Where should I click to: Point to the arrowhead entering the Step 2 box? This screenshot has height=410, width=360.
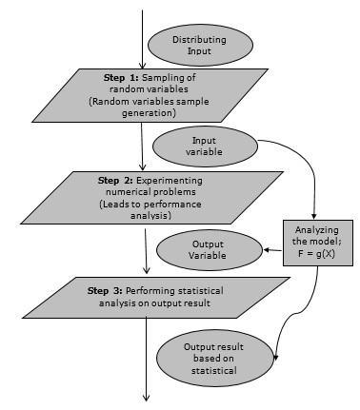[x=140, y=166]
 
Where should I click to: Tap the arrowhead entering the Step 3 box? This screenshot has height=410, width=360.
[x=145, y=271]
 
